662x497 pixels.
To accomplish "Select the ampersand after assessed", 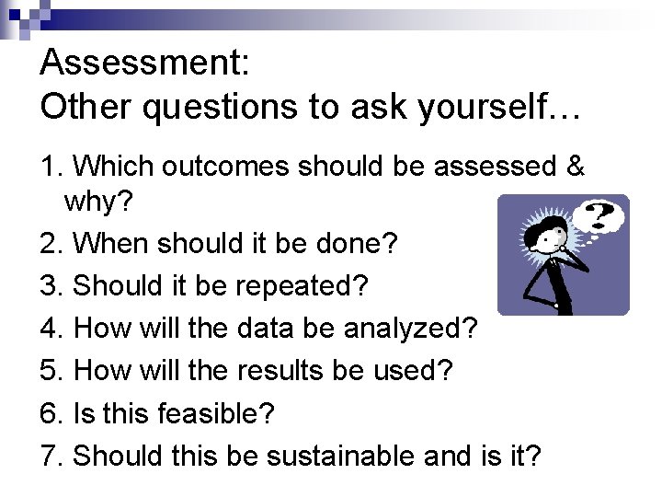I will click(575, 166).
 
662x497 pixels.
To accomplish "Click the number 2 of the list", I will click(50, 244).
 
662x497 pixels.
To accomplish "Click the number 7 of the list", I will click(50, 456).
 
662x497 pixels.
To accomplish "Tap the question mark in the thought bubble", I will click(601, 217).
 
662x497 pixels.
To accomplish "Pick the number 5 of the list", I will click(50, 371).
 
